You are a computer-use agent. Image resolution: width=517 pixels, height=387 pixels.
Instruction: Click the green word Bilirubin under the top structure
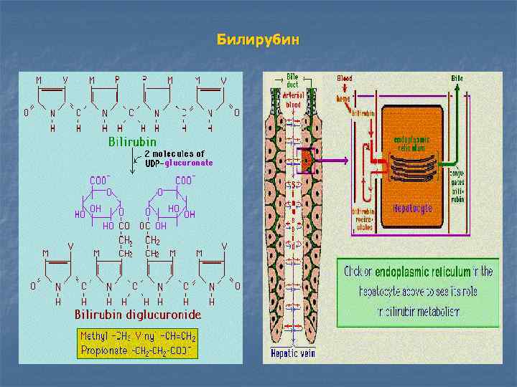click(132, 142)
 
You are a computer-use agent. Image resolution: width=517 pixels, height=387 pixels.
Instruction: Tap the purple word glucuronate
click(187, 163)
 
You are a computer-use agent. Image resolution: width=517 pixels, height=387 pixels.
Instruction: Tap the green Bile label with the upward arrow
click(457, 78)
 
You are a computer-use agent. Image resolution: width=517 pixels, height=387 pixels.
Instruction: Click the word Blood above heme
click(344, 78)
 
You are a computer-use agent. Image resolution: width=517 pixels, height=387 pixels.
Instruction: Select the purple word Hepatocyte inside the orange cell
click(411, 208)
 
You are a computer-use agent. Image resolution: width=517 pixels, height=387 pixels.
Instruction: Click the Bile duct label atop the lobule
click(293, 80)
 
